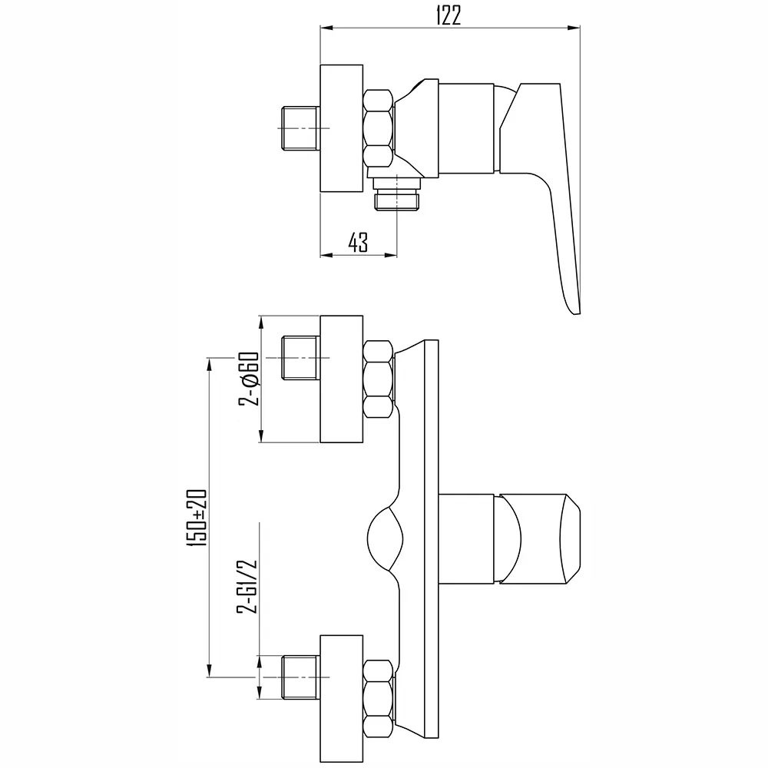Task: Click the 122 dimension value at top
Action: pos(449,16)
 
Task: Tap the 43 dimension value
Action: pos(358,242)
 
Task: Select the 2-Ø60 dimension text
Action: pos(249,379)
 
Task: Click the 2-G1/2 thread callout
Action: pos(248,586)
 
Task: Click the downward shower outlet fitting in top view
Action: pos(397,194)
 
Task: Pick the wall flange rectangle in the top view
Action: pos(342,128)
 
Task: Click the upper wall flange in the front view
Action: pos(342,379)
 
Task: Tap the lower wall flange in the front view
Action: pos(342,699)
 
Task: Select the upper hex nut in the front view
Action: pos(379,379)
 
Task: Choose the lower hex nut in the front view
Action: pos(379,699)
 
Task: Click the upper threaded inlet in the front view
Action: pos(300,358)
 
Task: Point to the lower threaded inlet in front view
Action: pos(300,677)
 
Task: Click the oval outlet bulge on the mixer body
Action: pos(385,539)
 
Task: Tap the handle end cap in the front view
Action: pos(571,539)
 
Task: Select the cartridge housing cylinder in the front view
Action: pos(466,539)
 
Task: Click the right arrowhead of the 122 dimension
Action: pos(574,28)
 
